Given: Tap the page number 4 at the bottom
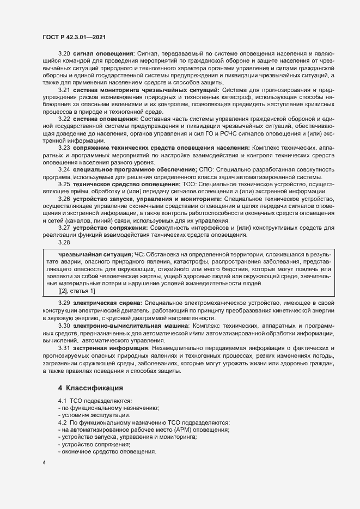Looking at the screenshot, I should coord(44,463).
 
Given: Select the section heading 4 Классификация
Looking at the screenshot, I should coord(90,388).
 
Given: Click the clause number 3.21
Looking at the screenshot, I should coord(64,89).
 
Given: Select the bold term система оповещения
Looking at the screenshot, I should coord(106,118).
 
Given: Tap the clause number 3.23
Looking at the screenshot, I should coord(64,147).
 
